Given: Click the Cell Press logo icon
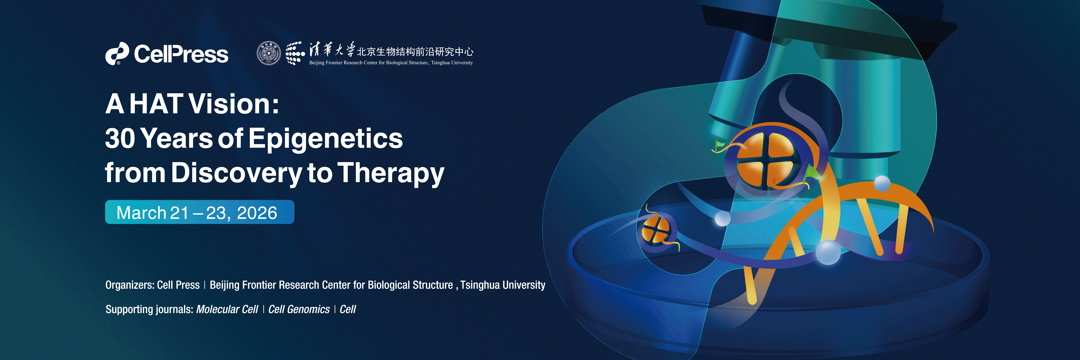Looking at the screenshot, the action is [117, 54].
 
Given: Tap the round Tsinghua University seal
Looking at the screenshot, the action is [269, 53].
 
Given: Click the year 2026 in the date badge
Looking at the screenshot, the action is [257, 213].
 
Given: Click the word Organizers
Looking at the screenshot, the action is [130, 285].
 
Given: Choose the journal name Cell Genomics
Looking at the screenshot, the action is [299, 309].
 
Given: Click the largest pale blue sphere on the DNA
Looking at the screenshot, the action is [828, 252].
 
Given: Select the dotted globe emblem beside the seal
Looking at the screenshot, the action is [295, 53].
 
